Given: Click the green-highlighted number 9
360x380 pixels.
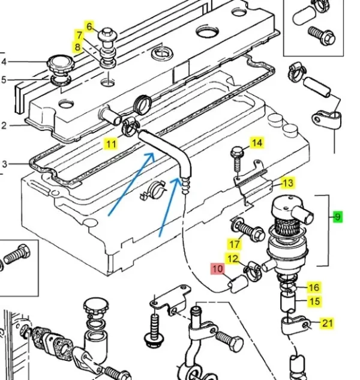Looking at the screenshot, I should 338,217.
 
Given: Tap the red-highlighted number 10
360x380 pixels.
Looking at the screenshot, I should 217,269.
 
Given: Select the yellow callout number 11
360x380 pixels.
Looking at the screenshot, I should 112,143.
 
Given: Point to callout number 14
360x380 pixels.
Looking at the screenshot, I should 256,143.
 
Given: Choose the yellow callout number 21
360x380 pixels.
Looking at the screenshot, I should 327,324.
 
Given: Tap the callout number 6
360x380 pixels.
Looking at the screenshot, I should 90,26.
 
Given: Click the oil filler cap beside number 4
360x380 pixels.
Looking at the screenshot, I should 58,62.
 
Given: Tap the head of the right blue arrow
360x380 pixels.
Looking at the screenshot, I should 177,179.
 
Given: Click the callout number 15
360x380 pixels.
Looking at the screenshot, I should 314,301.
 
